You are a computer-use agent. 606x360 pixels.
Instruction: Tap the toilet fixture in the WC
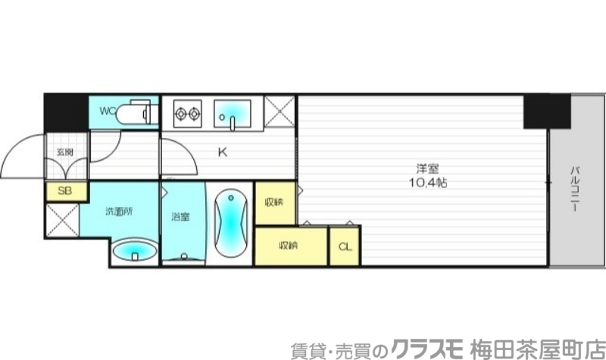click(140, 114)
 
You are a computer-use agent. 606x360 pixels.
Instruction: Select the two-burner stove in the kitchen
click(188, 114)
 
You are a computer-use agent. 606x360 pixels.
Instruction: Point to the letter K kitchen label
click(223, 152)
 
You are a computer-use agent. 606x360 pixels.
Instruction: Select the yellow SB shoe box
click(65, 191)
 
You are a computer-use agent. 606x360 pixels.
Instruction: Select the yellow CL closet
click(345, 246)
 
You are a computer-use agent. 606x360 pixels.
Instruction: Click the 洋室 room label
click(424, 168)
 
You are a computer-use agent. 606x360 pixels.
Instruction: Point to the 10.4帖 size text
click(424, 183)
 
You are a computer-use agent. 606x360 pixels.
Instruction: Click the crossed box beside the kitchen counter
click(280, 114)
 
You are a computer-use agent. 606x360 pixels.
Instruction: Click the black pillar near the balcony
click(546, 111)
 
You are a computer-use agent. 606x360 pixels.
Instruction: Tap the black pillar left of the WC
click(66, 111)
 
